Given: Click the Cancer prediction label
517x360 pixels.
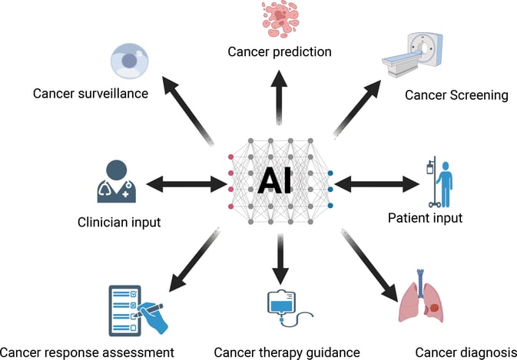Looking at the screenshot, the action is [x=280, y=52].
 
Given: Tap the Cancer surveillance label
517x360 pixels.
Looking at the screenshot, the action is [x=91, y=94].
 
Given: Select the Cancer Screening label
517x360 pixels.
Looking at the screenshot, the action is [x=456, y=95].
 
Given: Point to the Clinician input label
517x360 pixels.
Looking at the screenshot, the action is [x=119, y=223].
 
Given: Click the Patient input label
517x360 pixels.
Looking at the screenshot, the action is [x=425, y=218].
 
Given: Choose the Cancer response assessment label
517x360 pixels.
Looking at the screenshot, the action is [x=87, y=353].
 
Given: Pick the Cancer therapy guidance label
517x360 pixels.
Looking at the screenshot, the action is [x=287, y=353].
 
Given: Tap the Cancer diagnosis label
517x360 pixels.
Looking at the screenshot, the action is [x=466, y=353].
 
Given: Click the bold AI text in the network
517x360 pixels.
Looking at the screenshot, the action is [x=274, y=181].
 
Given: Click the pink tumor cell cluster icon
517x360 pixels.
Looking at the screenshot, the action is [x=280, y=18].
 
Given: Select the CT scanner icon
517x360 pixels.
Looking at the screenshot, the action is [x=413, y=54].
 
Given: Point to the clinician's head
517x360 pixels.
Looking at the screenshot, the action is [x=117, y=170].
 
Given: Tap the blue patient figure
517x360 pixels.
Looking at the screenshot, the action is [x=445, y=183].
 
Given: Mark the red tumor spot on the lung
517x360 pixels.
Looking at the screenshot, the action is [x=435, y=308].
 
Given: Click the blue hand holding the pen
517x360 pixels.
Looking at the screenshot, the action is [x=153, y=318].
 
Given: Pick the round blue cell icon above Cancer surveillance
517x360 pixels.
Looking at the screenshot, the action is [x=129, y=61].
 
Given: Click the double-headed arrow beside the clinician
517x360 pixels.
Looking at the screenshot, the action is [x=187, y=183].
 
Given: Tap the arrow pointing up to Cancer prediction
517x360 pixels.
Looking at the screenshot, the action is [x=279, y=97].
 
